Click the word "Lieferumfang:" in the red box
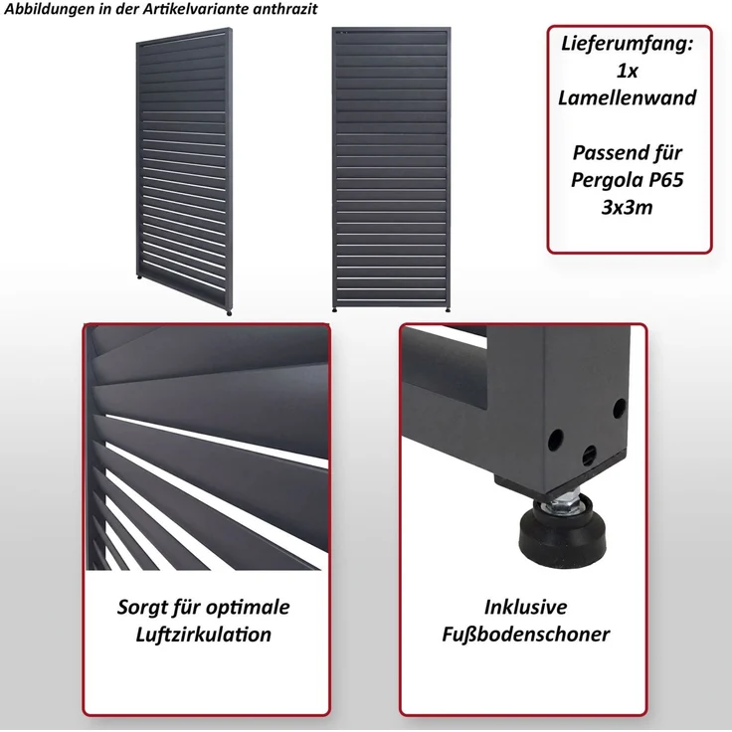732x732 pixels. point(627,45)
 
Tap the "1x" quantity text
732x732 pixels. point(627,71)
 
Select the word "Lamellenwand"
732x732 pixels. point(627,98)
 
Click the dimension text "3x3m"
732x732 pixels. point(627,207)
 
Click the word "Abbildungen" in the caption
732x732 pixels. point(48,9)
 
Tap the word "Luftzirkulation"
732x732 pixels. point(204,635)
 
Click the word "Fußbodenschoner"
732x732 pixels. point(526,635)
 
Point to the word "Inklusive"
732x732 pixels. point(526,608)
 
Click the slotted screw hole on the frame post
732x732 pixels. point(590,453)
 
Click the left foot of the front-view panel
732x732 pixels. point(335,309)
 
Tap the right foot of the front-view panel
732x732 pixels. point(448,309)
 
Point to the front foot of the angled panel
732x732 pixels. point(229,312)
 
